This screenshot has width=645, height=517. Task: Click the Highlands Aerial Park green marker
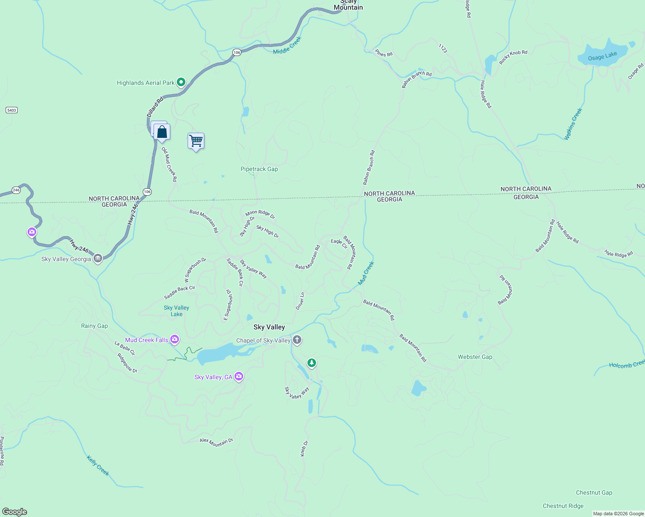pyautogui.click(x=181, y=82)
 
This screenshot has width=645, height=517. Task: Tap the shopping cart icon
pyautogui.click(x=196, y=141)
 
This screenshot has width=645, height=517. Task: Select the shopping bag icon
pyautogui.click(x=162, y=132)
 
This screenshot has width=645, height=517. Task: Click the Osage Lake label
pyautogui.click(x=602, y=56)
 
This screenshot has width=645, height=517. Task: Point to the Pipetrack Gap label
pyautogui.click(x=259, y=169)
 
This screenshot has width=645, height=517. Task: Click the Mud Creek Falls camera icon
pyautogui.click(x=175, y=339)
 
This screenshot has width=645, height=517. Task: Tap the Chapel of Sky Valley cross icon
pyautogui.click(x=297, y=340)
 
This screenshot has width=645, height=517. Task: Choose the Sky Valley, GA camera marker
pyautogui.click(x=239, y=377)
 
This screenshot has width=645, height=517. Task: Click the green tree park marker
pyautogui.click(x=312, y=363)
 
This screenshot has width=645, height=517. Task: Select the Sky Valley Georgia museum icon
pyautogui.click(x=98, y=258)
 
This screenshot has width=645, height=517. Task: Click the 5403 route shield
pyautogui.click(x=12, y=110)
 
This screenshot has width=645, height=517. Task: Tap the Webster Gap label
pyautogui.click(x=475, y=357)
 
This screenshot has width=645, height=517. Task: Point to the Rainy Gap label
pyautogui.click(x=94, y=326)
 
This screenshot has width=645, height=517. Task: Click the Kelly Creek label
pyautogui.click(x=98, y=466)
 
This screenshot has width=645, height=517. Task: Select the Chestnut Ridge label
pyautogui.click(x=563, y=506)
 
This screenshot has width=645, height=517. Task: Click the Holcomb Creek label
pyautogui.click(x=626, y=364)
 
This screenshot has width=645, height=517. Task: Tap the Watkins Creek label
pyautogui.click(x=573, y=124)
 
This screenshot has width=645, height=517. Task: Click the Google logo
pyautogui.click(x=15, y=512)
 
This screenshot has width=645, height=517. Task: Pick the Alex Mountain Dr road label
pyautogui.click(x=216, y=442)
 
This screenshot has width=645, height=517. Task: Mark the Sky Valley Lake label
pyautogui.click(x=176, y=311)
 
